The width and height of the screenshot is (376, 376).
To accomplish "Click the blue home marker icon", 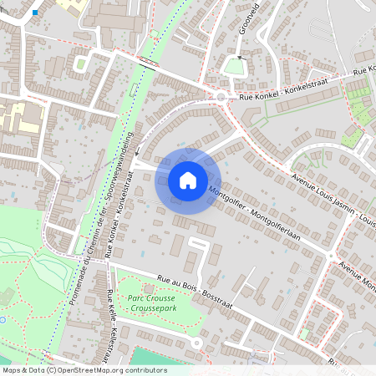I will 188,180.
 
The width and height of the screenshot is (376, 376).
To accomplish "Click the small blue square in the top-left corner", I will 35,13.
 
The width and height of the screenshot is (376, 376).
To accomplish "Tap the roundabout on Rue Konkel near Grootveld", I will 221,97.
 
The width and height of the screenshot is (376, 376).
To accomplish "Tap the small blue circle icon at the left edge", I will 3,319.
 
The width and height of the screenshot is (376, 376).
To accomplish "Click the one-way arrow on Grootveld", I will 239,58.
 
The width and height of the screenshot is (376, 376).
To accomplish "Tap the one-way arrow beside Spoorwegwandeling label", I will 139,154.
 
